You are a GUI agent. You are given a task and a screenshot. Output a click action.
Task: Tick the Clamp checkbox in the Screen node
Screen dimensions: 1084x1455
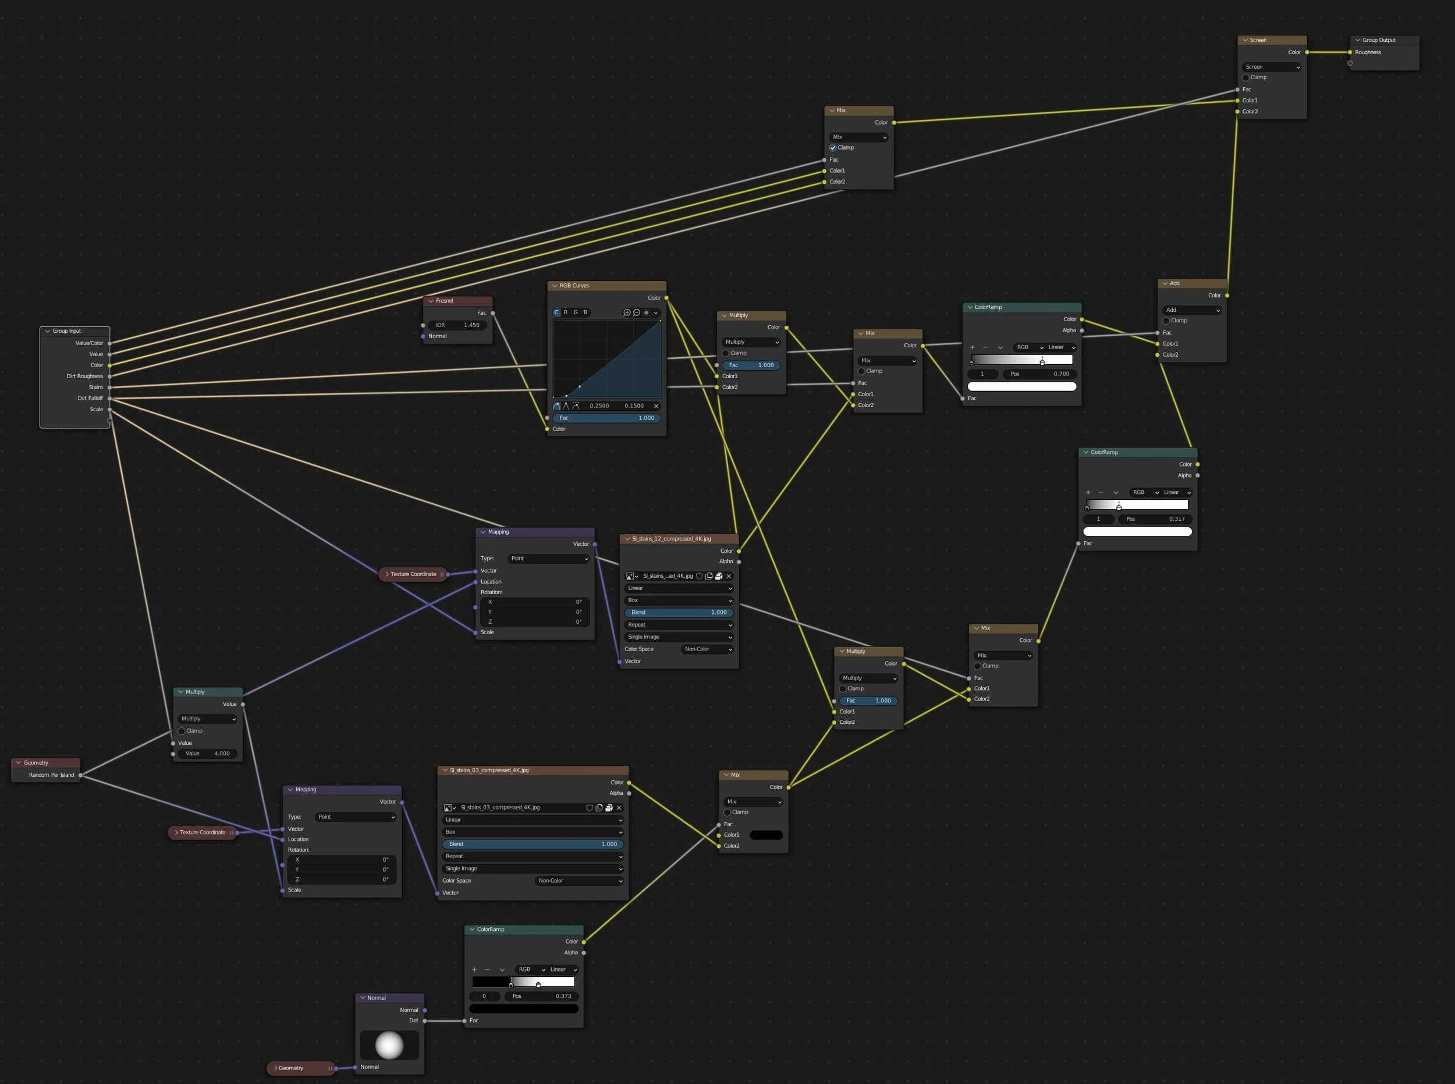1245,77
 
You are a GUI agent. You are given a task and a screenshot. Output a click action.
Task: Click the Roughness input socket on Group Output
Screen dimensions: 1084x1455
1350,52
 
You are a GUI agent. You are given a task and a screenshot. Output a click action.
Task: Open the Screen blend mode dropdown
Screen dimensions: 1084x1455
1272,67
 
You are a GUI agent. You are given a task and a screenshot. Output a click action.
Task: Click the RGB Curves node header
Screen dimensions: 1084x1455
606,286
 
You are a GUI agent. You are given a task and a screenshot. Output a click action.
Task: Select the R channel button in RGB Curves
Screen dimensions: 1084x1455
566,312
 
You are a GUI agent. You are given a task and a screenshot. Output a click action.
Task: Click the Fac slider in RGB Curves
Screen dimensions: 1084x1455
606,418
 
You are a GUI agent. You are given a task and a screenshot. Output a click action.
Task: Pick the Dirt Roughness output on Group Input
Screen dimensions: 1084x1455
109,376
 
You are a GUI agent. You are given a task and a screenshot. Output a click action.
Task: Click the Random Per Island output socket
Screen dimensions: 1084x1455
81,775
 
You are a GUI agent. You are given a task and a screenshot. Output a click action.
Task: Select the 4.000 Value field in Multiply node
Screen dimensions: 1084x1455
207,754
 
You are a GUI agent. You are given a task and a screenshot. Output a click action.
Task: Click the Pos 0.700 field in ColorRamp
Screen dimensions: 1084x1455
1040,374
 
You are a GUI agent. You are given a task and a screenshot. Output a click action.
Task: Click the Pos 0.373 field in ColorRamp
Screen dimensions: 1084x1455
541,996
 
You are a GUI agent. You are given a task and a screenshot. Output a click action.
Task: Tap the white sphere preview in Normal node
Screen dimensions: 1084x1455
389,1044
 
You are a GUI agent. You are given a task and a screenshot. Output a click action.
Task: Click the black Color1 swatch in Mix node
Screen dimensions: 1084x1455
766,836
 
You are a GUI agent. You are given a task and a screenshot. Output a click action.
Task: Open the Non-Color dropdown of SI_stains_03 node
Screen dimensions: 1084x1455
579,880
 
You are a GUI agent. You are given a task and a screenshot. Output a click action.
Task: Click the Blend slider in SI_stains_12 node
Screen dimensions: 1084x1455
679,612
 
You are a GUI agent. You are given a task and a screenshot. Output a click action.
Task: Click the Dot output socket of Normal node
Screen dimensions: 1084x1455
425,1021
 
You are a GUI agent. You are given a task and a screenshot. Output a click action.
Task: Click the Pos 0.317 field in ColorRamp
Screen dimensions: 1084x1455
1155,519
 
